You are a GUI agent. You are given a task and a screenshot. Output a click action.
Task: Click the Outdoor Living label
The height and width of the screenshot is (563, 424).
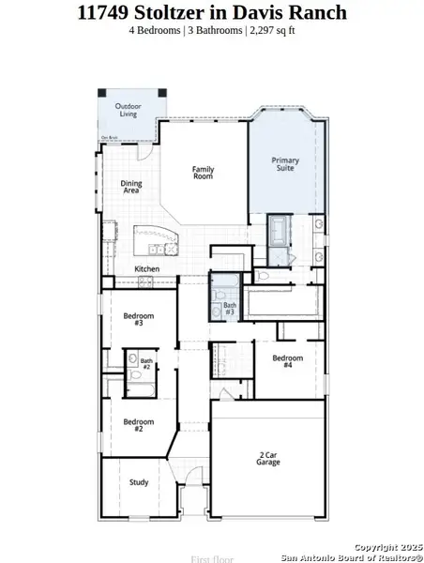[x=128, y=111]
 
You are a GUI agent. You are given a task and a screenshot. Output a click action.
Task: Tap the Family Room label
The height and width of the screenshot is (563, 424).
[x=204, y=173]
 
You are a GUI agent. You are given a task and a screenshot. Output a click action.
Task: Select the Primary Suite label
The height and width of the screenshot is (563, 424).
[x=285, y=164]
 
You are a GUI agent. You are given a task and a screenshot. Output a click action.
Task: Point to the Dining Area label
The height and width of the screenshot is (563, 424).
[x=131, y=187]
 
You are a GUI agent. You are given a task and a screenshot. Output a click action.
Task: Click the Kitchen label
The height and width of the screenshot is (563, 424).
[x=147, y=269]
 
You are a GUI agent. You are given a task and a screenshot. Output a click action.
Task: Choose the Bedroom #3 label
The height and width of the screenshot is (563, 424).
[x=138, y=319]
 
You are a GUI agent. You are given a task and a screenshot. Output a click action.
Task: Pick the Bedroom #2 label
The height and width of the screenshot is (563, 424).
[x=138, y=425]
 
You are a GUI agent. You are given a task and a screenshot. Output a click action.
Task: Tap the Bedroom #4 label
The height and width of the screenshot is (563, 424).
[x=288, y=361]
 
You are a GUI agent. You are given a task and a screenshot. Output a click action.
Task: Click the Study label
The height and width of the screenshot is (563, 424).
[x=139, y=482]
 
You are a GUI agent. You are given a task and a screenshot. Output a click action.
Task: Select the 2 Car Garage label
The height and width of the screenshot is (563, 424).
[x=268, y=459]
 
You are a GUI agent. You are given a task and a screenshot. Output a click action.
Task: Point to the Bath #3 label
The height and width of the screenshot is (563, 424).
[x=230, y=309]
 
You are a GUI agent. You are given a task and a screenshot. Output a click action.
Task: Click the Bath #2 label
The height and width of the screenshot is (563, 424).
[x=146, y=363]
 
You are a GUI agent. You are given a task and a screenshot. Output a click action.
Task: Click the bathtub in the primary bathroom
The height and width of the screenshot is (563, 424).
[x=280, y=230]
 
